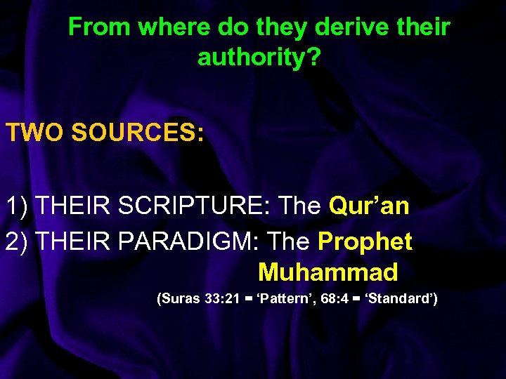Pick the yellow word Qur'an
[369, 206]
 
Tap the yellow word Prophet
[365, 241]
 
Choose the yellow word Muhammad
[328, 272]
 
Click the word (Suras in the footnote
[179, 299]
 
